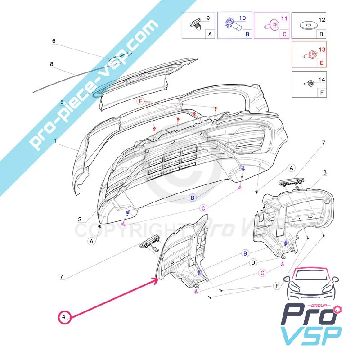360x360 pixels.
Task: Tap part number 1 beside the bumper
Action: [x=56, y=141]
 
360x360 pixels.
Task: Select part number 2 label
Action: [x=80, y=220]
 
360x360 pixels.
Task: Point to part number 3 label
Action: [x=325, y=172]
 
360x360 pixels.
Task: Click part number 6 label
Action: [x=54, y=40]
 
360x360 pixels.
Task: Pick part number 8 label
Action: [x=52, y=64]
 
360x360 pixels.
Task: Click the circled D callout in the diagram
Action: [x=253, y=262]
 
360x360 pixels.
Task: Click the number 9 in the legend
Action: [x=208, y=18]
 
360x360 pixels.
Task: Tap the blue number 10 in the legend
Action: [x=243, y=18]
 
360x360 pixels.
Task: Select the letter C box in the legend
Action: [x=283, y=33]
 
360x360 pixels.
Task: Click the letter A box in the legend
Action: [x=209, y=33]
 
